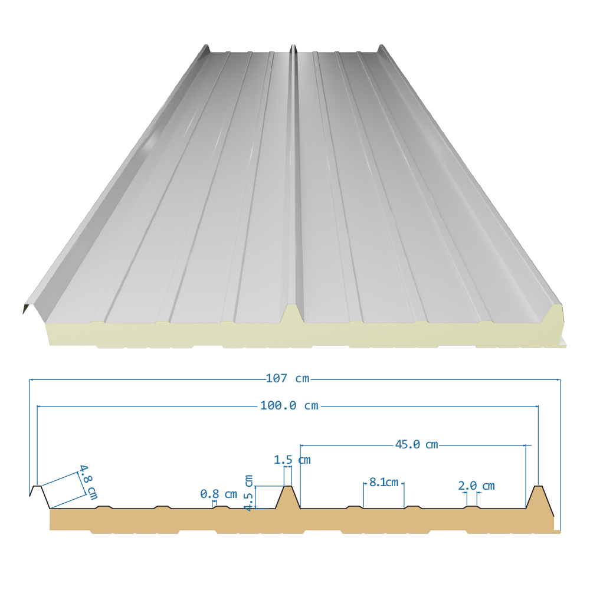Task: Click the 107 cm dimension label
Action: pyautogui.click(x=287, y=378)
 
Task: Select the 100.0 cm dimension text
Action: pyautogui.click(x=289, y=406)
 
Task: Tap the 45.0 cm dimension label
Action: pyautogui.click(x=417, y=445)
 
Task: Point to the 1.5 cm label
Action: pyautogui.click(x=292, y=460)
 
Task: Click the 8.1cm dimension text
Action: pyautogui.click(x=384, y=482)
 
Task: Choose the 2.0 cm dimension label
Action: pyautogui.click(x=476, y=486)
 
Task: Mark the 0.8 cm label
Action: pyautogui.click(x=219, y=494)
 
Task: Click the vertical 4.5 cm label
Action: pyautogui.click(x=248, y=493)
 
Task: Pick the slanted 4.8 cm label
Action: pyautogui.click(x=88, y=482)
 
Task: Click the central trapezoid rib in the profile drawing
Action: pyautogui.click(x=289, y=497)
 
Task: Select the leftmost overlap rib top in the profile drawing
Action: pyautogui.click(x=37, y=486)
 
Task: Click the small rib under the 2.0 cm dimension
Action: pyautogui.click(x=472, y=507)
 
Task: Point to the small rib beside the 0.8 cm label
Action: pyautogui.click(x=222, y=507)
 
